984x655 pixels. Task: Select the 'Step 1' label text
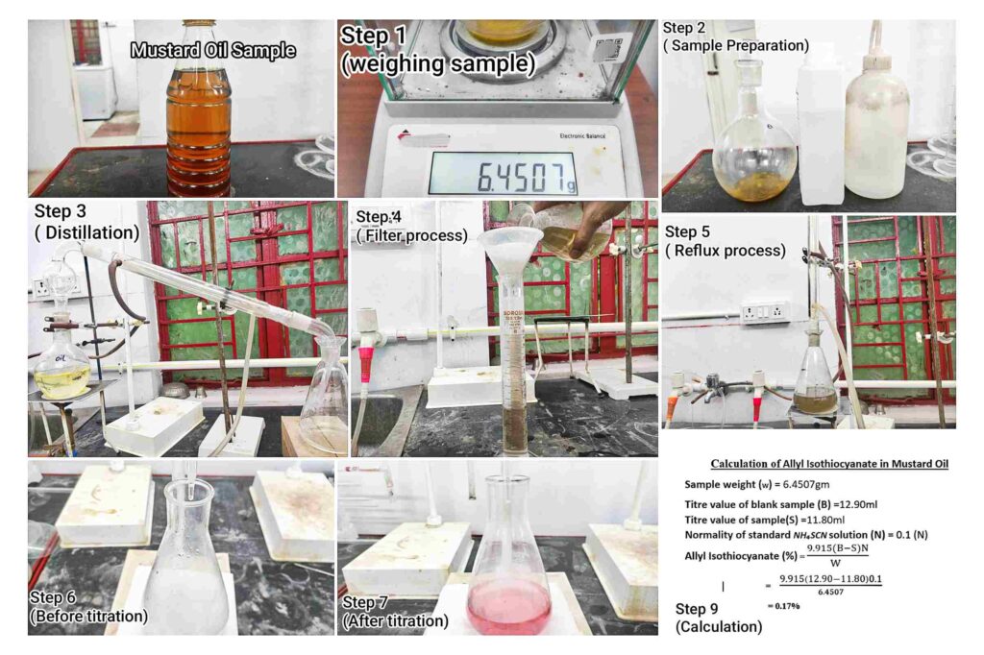374,36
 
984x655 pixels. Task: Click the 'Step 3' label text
61,211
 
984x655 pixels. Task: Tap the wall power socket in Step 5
764,312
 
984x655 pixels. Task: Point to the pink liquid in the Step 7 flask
509,606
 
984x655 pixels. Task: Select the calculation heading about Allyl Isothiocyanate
829,464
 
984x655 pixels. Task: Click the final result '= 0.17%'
783,606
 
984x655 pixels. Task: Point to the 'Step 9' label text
697,609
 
